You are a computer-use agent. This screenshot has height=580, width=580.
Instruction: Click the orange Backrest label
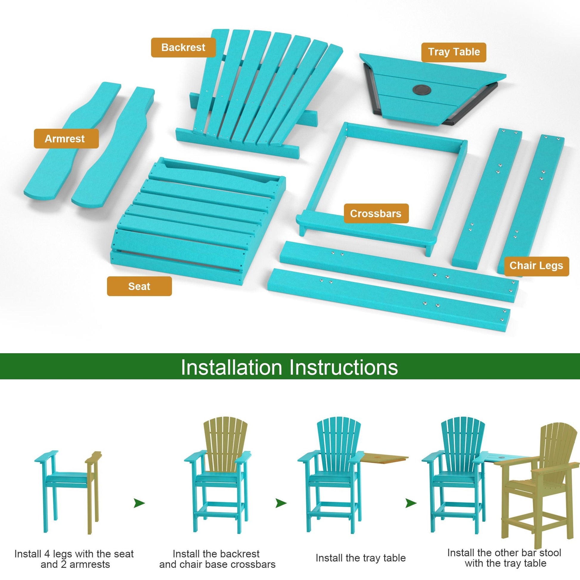pos(183,47)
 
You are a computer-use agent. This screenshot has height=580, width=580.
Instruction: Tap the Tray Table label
pos(454,52)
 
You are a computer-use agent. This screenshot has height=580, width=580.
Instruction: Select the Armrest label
pos(66,139)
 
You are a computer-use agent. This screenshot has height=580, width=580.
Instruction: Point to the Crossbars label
pos(376,213)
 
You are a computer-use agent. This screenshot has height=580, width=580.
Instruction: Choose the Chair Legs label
pos(536,266)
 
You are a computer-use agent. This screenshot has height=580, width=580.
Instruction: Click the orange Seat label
pos(139,286)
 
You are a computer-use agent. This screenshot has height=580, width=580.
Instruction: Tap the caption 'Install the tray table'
pos(361,550)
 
